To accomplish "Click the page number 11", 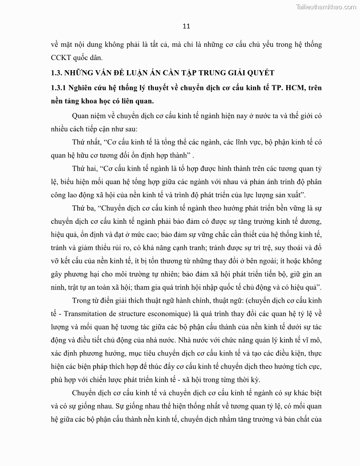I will (186, 26).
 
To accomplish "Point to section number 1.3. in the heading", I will (58, 72).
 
